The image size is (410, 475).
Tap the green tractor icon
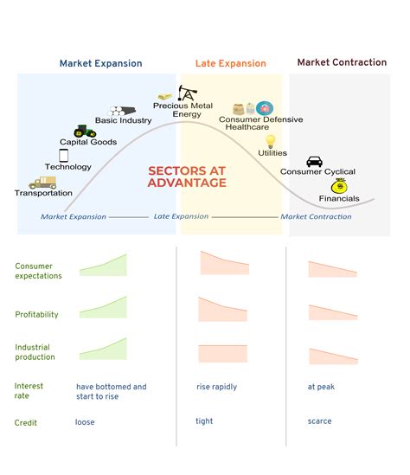click(x=85, y=131)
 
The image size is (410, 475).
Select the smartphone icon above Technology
click(x=63, y=156)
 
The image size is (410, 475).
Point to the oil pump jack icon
click(x=187, y=93)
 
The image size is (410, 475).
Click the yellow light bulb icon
click(x=270, y=142)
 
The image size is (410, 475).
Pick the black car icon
click(x=314, y=162)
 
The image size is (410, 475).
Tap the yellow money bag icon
click(x=340, y=186)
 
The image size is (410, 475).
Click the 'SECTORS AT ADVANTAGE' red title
click(x=187, y=177)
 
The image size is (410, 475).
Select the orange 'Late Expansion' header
click(x=231, y=63)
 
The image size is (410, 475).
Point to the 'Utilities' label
click(x=272, y=153)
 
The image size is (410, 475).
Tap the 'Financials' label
click(x=339, y=198)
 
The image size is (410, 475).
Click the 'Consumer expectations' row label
click(x=38, y=271)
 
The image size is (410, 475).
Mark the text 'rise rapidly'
click(x=216, y=387)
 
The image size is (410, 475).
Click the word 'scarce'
click(x=319, y=421)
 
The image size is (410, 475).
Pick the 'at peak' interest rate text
click(x=321, y=387)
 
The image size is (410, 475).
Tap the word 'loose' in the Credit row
click(x=85, y=422)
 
